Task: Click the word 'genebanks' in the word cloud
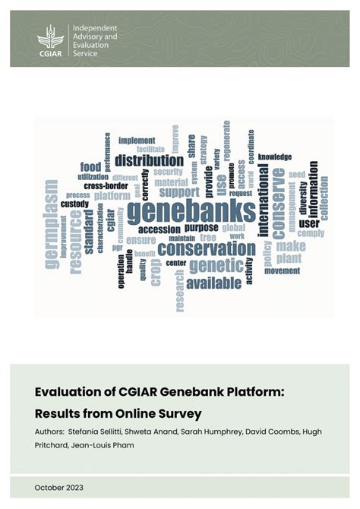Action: pyautogui.click(x=191, y=211)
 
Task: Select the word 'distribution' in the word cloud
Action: pyautogui.click(x=149, y=160)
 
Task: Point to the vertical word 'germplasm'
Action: pyautogui.click(x=51, y=223)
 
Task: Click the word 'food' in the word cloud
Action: pyautogui.click(x=90, y=167)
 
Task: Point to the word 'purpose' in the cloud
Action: pyautogui.click(x=201, y=227)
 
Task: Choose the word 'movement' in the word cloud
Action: pyautogui.click(x=282, y=270)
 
